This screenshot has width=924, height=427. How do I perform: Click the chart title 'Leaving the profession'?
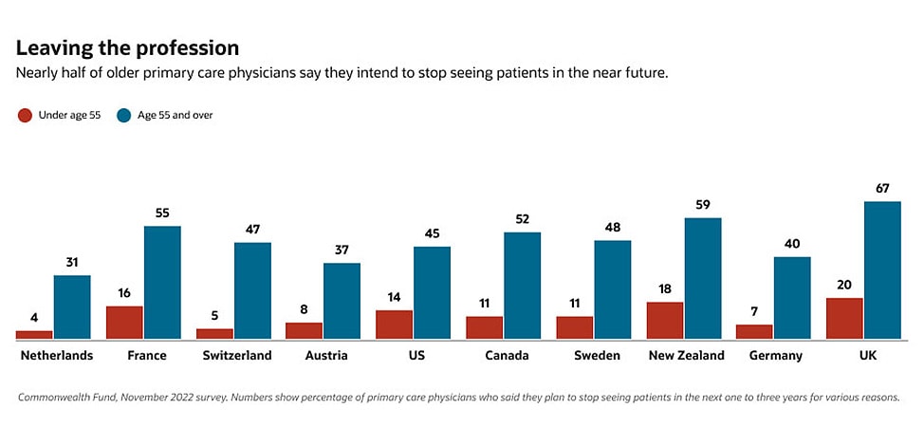click(127, 47)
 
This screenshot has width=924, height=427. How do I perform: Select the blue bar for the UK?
click(882, 269)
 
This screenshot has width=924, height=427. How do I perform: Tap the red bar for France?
click(124, 322)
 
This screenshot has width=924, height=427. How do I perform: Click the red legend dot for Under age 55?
click(26, 116)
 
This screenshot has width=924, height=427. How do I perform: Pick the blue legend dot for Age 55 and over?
click(124, 116)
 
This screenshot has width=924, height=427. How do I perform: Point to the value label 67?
click(882, 188)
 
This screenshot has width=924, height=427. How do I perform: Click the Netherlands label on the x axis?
click(57, 356)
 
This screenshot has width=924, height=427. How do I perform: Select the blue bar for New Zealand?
click(703, 278)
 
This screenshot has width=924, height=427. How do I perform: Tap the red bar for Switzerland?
click(214, 333)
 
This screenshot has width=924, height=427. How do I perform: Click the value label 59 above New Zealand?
click(703, 205)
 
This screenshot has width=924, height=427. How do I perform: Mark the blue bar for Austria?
click(342, 300)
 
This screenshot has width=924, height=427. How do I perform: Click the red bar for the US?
click(395, 324)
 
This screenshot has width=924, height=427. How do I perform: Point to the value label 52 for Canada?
click(522, 219)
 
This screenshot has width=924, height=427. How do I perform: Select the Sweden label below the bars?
click(598, 356)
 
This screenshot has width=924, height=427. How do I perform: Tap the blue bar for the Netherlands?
click(72, 306)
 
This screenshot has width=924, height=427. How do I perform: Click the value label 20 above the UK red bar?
click(844, 285)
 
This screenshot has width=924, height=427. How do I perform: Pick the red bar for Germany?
click(754, 331)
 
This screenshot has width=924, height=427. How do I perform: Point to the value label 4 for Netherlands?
click(34, 318)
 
